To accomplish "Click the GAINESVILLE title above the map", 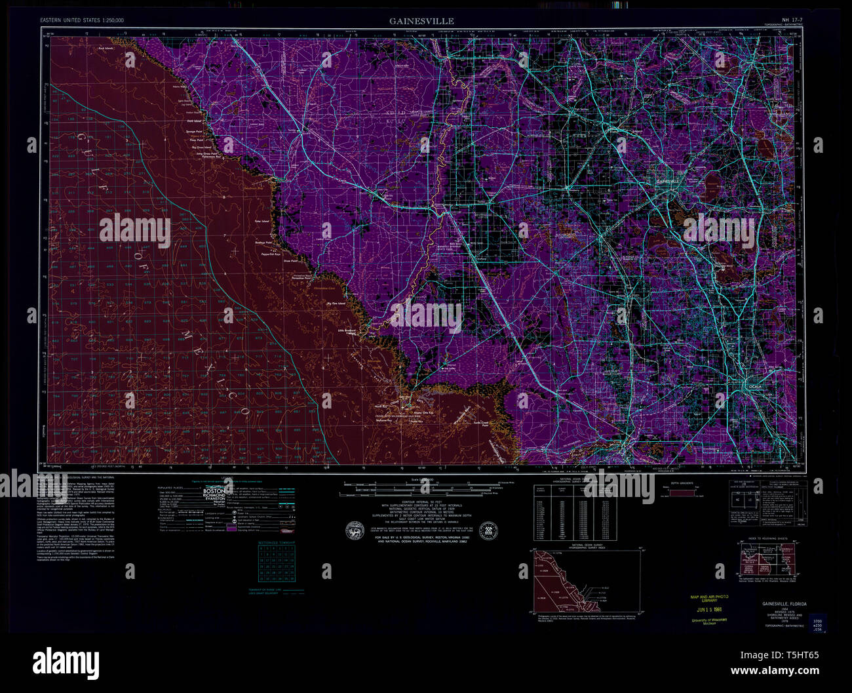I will [x=421, y=21].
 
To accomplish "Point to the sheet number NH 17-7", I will [x=794, y=20].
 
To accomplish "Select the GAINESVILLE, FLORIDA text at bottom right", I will [x=784, y=603].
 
